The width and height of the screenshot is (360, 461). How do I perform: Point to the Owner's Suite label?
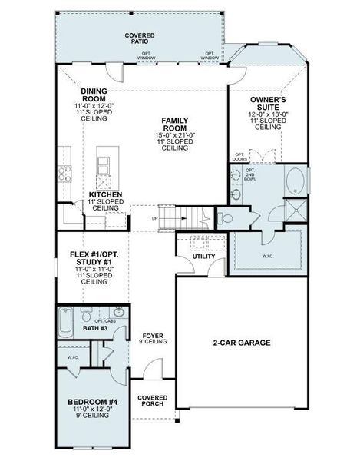coord(268,102)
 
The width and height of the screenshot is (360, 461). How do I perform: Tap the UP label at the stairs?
coord(154,218)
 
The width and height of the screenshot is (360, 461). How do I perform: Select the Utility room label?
coord(203,257)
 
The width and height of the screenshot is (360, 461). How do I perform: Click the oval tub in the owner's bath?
coord(295,181)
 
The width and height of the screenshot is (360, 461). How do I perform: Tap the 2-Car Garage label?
coord(241,343)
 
